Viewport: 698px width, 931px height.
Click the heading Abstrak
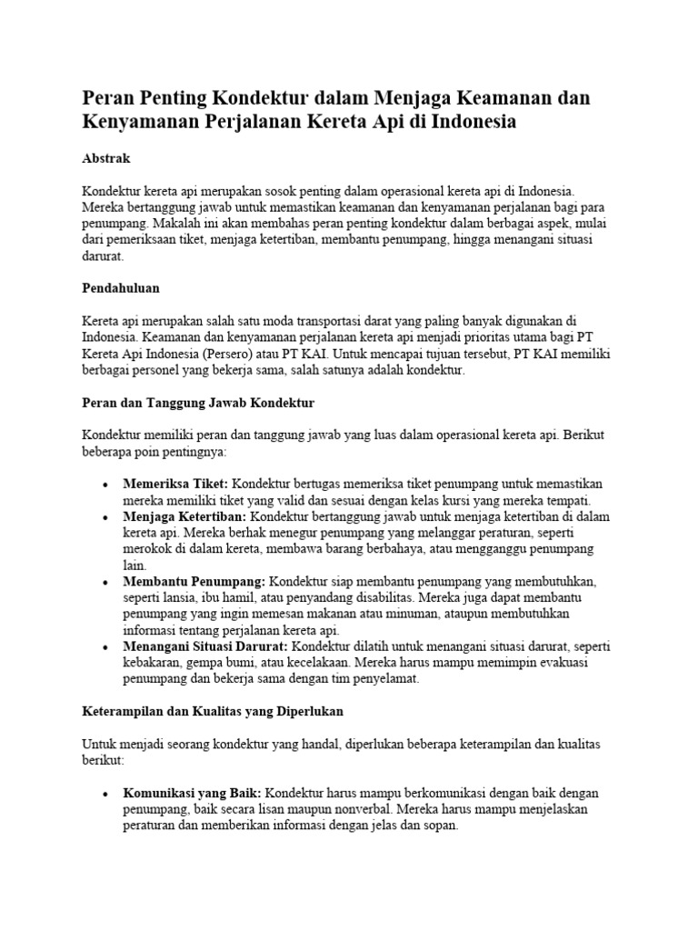pos(106,158)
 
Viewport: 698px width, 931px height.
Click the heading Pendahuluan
pos(121,287)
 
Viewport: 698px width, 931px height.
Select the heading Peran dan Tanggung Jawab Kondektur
pos(198,401)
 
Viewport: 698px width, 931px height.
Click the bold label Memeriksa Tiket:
pos(175,484)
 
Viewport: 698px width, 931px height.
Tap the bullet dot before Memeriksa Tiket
pos(107,485)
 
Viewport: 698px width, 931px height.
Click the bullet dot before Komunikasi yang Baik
pos(107,794)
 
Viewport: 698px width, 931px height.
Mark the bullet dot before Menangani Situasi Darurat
pos(107,646)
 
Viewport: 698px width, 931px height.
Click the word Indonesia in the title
pos(467,122)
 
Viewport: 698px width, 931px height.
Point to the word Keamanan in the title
pos(489,96)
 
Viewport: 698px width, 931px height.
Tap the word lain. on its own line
pos(134,565)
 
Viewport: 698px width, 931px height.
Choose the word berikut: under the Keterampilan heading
pos(103,758)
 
